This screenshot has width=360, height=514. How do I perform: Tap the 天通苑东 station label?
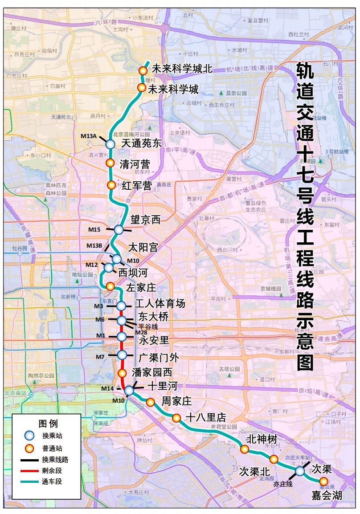(x=141, y=143)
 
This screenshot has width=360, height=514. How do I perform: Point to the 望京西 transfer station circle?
(x=119, y=229)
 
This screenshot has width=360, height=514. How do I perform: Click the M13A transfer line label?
(x=89, y=136)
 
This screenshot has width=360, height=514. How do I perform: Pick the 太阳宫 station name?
(x=143, y=247)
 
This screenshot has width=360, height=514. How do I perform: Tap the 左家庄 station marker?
(x=110, y=286)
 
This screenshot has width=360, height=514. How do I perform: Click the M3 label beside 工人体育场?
(x=98, y=306)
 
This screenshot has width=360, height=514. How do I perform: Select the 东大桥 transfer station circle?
(x=122, y=320)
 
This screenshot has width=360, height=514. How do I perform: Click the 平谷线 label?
(x=147, y=326)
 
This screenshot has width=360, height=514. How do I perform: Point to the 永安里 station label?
(x=154, y=340)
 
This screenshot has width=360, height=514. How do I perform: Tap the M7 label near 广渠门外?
(x=100, y=357)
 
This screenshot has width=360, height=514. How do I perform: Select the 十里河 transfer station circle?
(x=129, y=390)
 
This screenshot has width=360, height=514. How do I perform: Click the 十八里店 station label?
(x=205, y=418)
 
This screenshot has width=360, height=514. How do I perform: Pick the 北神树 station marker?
(x=244, y=449)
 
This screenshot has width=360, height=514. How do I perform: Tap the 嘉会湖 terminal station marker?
(x=323, y=481)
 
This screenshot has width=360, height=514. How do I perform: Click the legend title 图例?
(x=48, y=423)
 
